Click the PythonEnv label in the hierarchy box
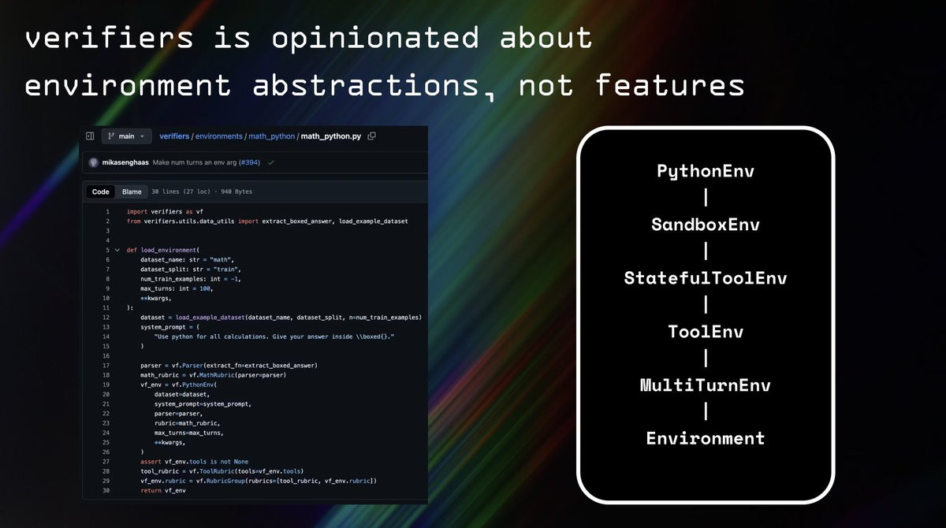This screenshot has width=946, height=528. pyautogui.click(x=706, y=171)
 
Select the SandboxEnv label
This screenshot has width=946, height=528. pyautogui.click(x=706, y=225)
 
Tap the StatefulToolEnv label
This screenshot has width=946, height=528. pyautogui.click(x=706, y=278)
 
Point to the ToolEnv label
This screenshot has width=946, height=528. pyautogui.click(x=706, y=332)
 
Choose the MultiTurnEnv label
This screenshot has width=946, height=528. pyautogui.click(x=706, y=385)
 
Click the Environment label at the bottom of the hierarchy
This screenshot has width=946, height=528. pyautogui.click(x=706, y=438)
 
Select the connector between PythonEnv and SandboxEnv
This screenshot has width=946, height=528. pyautogui.click(x=706, y=198)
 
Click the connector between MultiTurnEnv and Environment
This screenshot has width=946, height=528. pyautogui.click(x=706, y=411)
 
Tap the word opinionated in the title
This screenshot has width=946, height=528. pyautogui.click(x=375, y=39)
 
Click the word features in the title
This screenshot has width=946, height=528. pyautogui.click(x=670, y=85)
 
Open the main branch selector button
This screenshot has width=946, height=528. pyautogui.click(x=126, y=136)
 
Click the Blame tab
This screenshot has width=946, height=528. pyautogui.click(x=132, y=191)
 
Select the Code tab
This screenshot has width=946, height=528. pyautogui.click(x=101, y=191)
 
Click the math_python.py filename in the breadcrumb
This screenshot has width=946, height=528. pyautogui.click(x=330, y=136)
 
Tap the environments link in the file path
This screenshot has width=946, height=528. pyautogui.click(x=219, y=136)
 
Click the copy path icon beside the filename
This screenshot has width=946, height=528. pyautogui.click(x=371, y=136)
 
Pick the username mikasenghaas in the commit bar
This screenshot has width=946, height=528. pyautogui.click(x=125, y=162)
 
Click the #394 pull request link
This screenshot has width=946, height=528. pyautogui.click(x=250, y=162)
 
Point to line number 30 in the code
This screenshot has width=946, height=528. pyautogui.click(x=106, y=490)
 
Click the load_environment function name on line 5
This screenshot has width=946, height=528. pyautogui.click(x=169, y=250)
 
